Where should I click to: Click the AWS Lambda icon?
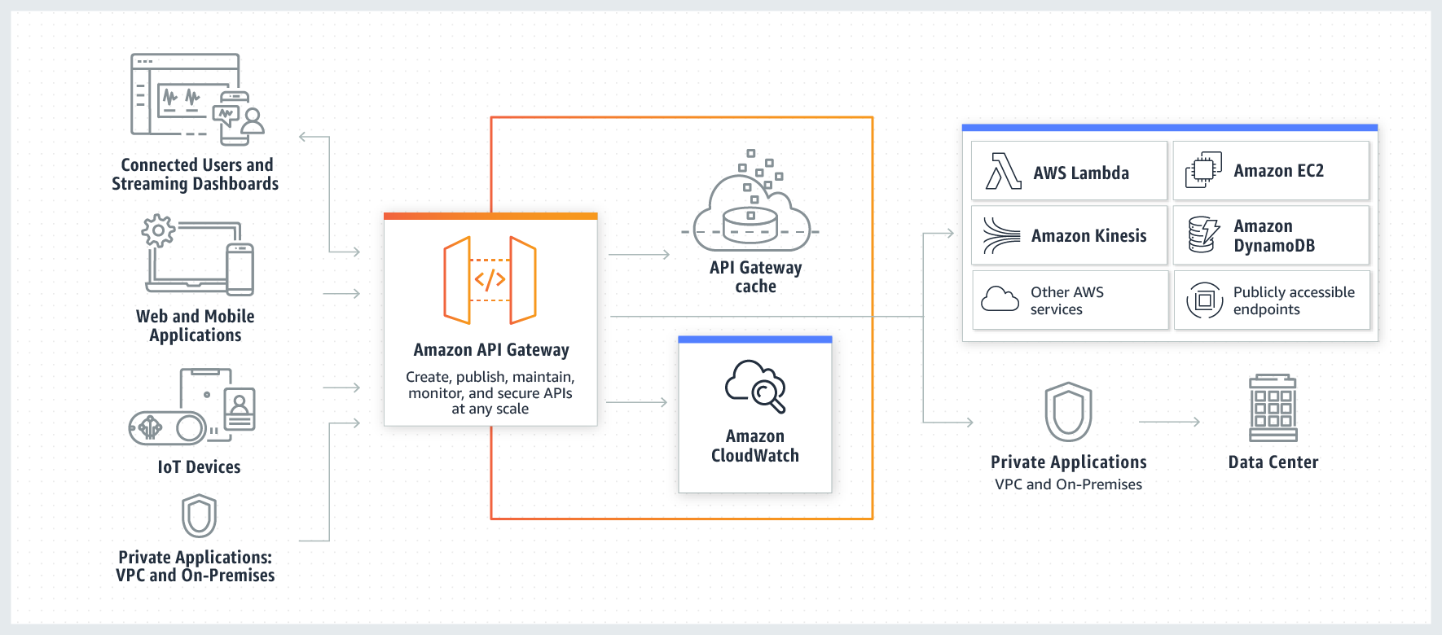1003,171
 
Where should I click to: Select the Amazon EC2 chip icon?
1203,170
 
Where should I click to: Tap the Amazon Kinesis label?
1088,236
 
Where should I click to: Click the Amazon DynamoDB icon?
1203,234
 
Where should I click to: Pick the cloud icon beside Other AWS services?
1000,300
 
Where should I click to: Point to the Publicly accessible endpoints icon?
1204,300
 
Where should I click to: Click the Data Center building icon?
1273,408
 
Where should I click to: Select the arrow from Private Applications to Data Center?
1169,422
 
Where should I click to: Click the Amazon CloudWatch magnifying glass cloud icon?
755,386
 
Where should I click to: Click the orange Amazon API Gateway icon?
490,280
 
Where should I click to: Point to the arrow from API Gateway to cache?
639,255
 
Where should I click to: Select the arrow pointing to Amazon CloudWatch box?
637,402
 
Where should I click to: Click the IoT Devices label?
199,467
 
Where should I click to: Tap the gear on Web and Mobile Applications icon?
158,230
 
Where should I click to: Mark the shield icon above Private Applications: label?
199,516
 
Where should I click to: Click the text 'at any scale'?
490,409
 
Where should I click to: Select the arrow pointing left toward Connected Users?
313,137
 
